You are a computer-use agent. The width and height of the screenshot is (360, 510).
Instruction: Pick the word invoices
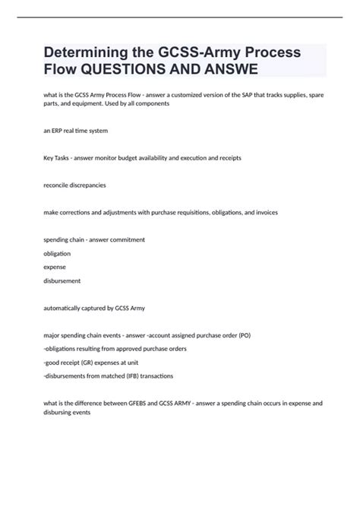264,212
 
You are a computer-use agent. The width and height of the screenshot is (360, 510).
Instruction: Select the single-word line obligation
58,253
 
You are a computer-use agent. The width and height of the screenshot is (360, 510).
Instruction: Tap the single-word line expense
55,267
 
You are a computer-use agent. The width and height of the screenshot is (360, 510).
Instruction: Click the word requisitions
190,212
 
